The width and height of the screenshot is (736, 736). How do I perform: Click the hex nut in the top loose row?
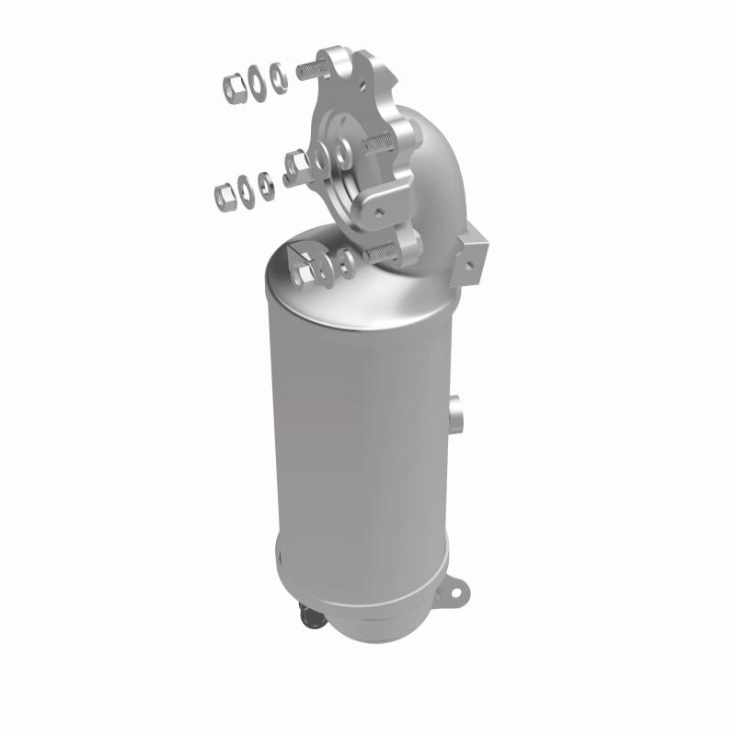(x=233, y=86)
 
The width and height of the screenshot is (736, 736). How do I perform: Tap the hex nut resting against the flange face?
(x=297, y=167)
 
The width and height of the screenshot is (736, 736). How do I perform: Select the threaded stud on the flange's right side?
(x=379, y=144)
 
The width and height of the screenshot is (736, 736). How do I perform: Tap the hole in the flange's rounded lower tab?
(x=376, y=211)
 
